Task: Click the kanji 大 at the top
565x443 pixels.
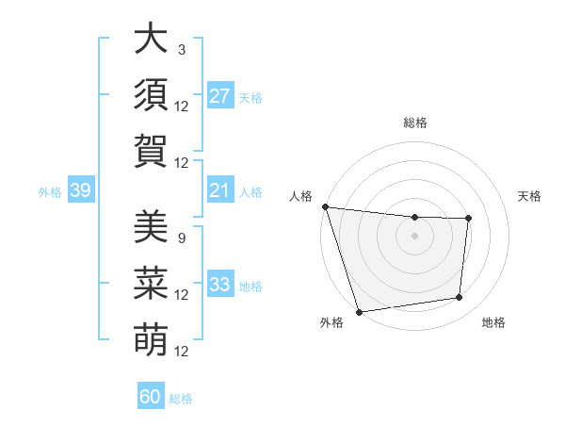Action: (x=150, y=41)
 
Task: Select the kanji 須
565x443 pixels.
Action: (x=150, y=94)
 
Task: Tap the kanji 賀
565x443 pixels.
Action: (x=150, y=151)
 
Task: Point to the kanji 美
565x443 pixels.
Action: (x=150, y=226)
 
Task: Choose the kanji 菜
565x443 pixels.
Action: (x=150, y=283)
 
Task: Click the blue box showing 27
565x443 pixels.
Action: (x=219, y=95)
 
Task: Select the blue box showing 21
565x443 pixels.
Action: (x=219, y=190)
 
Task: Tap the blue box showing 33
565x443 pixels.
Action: (x=219, y=284)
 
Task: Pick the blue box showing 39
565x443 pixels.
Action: (x=80, y=190)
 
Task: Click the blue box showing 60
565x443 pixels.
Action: (x=151, y=397)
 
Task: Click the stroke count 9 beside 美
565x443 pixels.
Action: (x=181, y=238)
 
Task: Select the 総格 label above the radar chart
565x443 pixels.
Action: (x=414, y=123)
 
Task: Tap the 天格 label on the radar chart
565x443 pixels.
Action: (x=530, y=196)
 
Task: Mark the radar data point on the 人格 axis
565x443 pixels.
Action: (x=325, y=206)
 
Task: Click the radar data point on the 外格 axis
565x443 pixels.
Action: (x=359, y=312)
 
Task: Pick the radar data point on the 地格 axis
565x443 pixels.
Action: (x=460, y=298)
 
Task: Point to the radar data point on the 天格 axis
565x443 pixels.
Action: (x=468, y=219)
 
